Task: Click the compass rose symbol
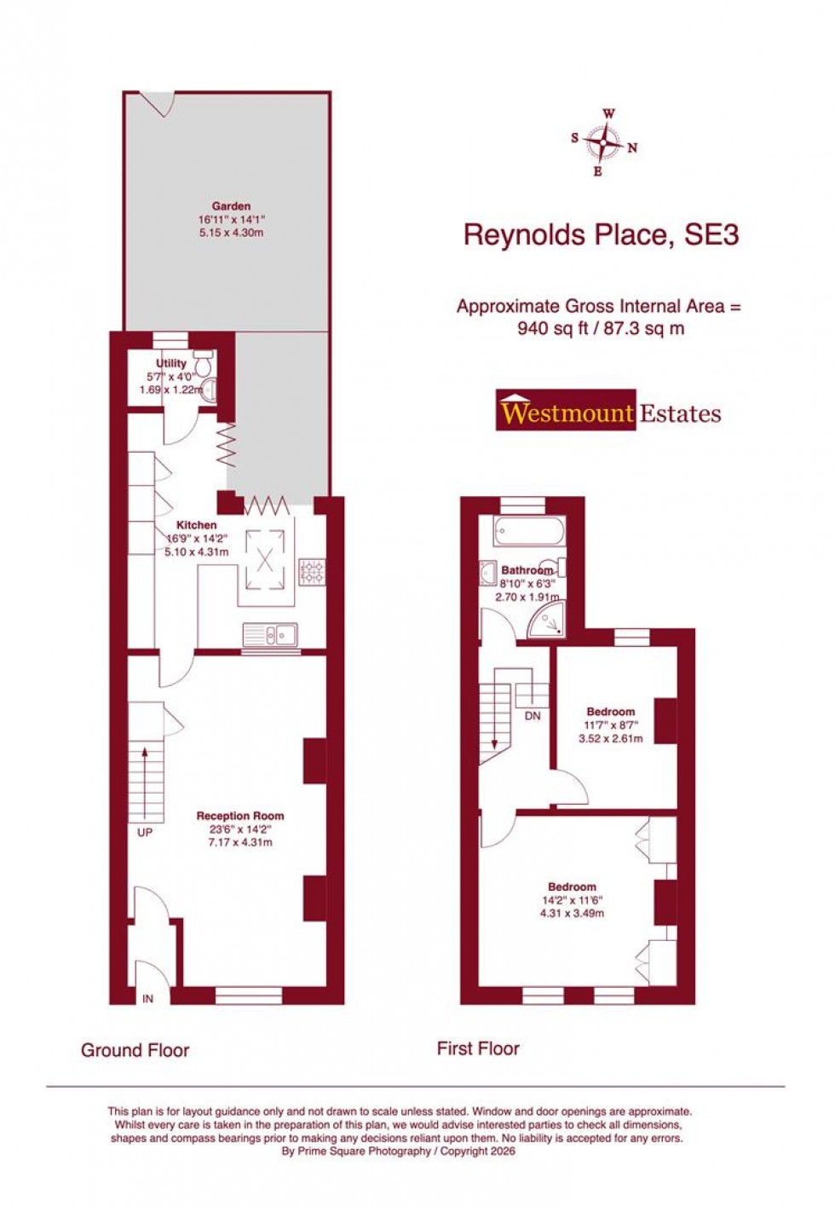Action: (604, 143)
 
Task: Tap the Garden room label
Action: (231, 206)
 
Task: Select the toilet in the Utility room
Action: (203, 357)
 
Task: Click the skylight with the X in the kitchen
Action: (266, 560)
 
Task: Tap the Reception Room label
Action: (240, 816)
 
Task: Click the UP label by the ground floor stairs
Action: (145, 832)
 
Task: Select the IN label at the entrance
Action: (148, 998)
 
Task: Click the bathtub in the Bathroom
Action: (528, 533)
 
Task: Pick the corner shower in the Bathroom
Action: (546, 621)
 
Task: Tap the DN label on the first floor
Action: (533, 716)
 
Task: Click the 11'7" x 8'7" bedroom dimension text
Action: (610, 725)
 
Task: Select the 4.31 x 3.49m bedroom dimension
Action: (572, 914)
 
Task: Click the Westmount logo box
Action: (566, 413)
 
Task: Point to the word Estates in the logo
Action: (680, 414)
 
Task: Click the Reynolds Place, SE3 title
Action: (601, 234)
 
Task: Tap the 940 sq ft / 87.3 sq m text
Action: (601, 329)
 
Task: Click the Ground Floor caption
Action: (135, 1050)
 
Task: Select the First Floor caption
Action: (478, 1048)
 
